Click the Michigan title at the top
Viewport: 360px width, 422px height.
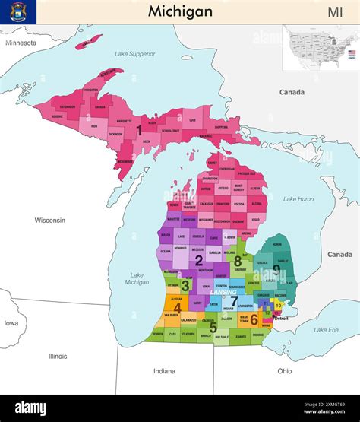click(x=179, y=11)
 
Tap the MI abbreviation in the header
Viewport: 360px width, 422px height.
click(x=335, y=11)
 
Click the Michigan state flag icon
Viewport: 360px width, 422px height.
click(x=17, y=11)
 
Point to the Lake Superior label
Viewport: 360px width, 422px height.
click(x=134, y=54)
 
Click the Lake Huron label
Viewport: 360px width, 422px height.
click(x=298, y=199)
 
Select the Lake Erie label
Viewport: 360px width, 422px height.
click(x=326, y=329)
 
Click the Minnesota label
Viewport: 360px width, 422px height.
click(x=21, y=43)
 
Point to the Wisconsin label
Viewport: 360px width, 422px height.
click(x=49, y=221)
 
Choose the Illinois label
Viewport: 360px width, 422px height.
click(x=58, y=356)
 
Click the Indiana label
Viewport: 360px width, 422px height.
click(x=164, y=371)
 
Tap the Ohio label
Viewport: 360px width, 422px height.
click(x=284, y=371)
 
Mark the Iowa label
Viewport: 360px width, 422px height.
click(x=11, y=322)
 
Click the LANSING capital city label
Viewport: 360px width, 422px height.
click(x=223, y=292)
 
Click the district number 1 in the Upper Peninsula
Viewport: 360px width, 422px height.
click(x=139, y=130)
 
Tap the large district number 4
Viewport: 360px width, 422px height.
click(x=177, y=308)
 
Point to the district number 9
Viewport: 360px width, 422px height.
click(x=276, y=269)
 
